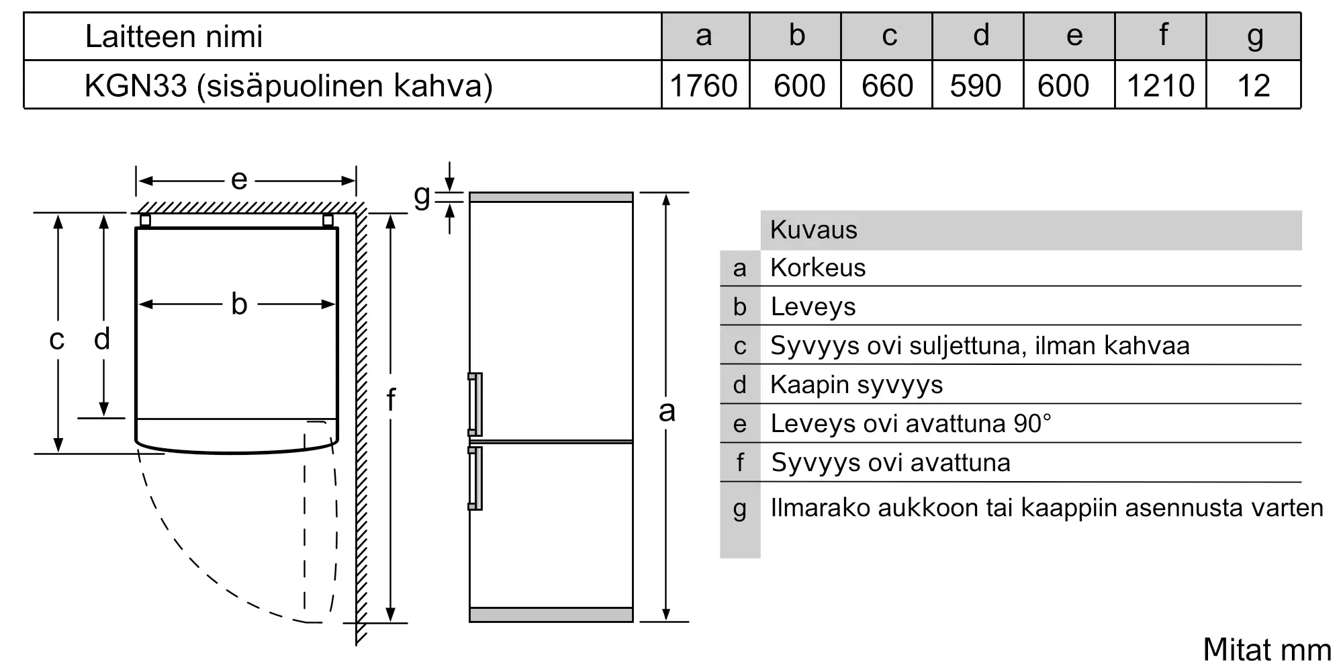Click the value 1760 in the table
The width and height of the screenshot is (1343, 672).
pos(704,86)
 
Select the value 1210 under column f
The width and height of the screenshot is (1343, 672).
pos(1160,86)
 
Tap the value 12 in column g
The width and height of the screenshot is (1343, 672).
pos(1253,86)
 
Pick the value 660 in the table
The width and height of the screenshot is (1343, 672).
pos(887,86)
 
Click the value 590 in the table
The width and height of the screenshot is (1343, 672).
pos(976,86)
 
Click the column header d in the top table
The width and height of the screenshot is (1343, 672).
pos(981,36)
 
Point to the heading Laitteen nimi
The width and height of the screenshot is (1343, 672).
pos(174,36)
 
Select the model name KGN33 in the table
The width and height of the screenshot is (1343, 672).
pos(135,86)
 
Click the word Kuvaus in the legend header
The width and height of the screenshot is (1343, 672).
pos(814,230)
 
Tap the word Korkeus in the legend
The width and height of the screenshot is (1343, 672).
pos(818,267)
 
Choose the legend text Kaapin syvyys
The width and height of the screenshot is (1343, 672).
pos(856,384)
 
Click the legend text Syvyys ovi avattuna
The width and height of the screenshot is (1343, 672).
pos(890,462)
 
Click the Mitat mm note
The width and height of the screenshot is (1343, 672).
pos(1266,649)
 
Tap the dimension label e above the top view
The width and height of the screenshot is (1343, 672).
pos(239,180)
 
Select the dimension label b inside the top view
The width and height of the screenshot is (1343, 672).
pos(239,304)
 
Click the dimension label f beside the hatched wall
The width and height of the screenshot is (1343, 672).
pos(391,400)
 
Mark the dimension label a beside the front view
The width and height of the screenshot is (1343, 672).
pos(666,411)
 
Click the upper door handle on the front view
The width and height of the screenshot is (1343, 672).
pos(475,405)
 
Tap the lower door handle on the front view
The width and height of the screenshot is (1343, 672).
pos(475,478)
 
